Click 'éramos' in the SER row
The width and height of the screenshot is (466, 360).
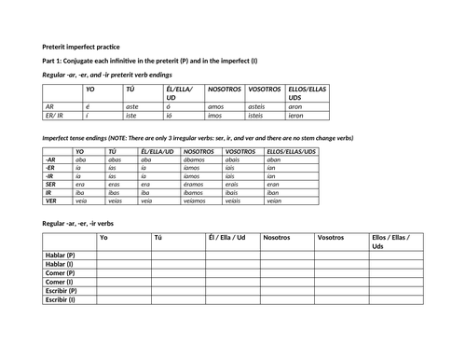tap(196, 184)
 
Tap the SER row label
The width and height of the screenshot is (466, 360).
tap(51, 184)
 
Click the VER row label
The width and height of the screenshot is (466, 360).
tap(51, 200)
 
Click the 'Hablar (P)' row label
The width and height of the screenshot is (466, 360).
tap(62, 255)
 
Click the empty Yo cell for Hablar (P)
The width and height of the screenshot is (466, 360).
tap(124, 255)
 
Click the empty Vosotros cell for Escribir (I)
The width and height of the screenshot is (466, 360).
tap(340, 299)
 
